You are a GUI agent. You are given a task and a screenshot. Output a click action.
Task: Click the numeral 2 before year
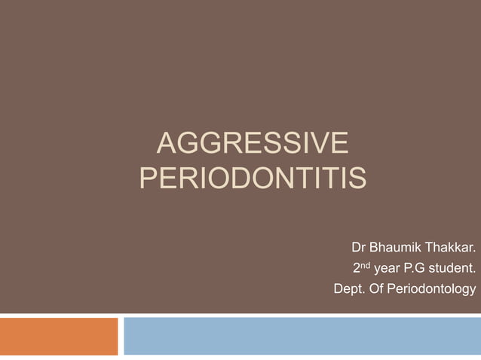click(357, 268)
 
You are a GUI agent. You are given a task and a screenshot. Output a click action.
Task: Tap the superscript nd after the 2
click(366, 264)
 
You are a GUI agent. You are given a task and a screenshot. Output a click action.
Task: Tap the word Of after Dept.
click(375, 288)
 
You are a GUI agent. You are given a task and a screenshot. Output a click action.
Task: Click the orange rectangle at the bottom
click(59, 336)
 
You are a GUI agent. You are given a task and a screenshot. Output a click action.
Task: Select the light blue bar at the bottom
click(302, 336)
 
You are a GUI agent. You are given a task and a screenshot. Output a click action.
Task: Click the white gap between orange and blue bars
click(121, 336)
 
